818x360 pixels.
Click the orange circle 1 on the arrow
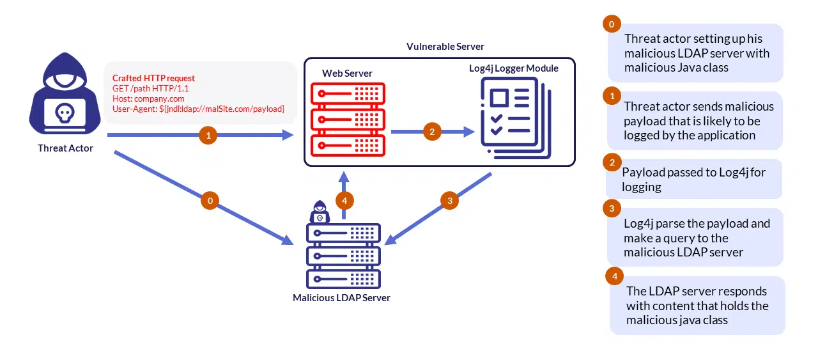tap(207, 136)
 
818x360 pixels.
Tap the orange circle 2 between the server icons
tap(433, 132)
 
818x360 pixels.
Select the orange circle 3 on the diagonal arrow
tap(450, 201)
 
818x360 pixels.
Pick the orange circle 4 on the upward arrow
tap(345, 201)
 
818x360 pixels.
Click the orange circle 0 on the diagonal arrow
tap(210, 201)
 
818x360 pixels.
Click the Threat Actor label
tap(65, 148)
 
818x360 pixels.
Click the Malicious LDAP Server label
tap(341, 297)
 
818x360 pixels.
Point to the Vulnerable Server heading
tap(445, 47)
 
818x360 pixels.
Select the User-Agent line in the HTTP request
tap(198, 109)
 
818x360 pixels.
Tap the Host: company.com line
tap(148, 98)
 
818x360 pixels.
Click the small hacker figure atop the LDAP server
tap(319, 212)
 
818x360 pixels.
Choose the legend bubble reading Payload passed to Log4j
tap(694, 179)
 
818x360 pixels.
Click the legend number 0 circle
tap(612, 24)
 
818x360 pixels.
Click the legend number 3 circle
tap(612, 208)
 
